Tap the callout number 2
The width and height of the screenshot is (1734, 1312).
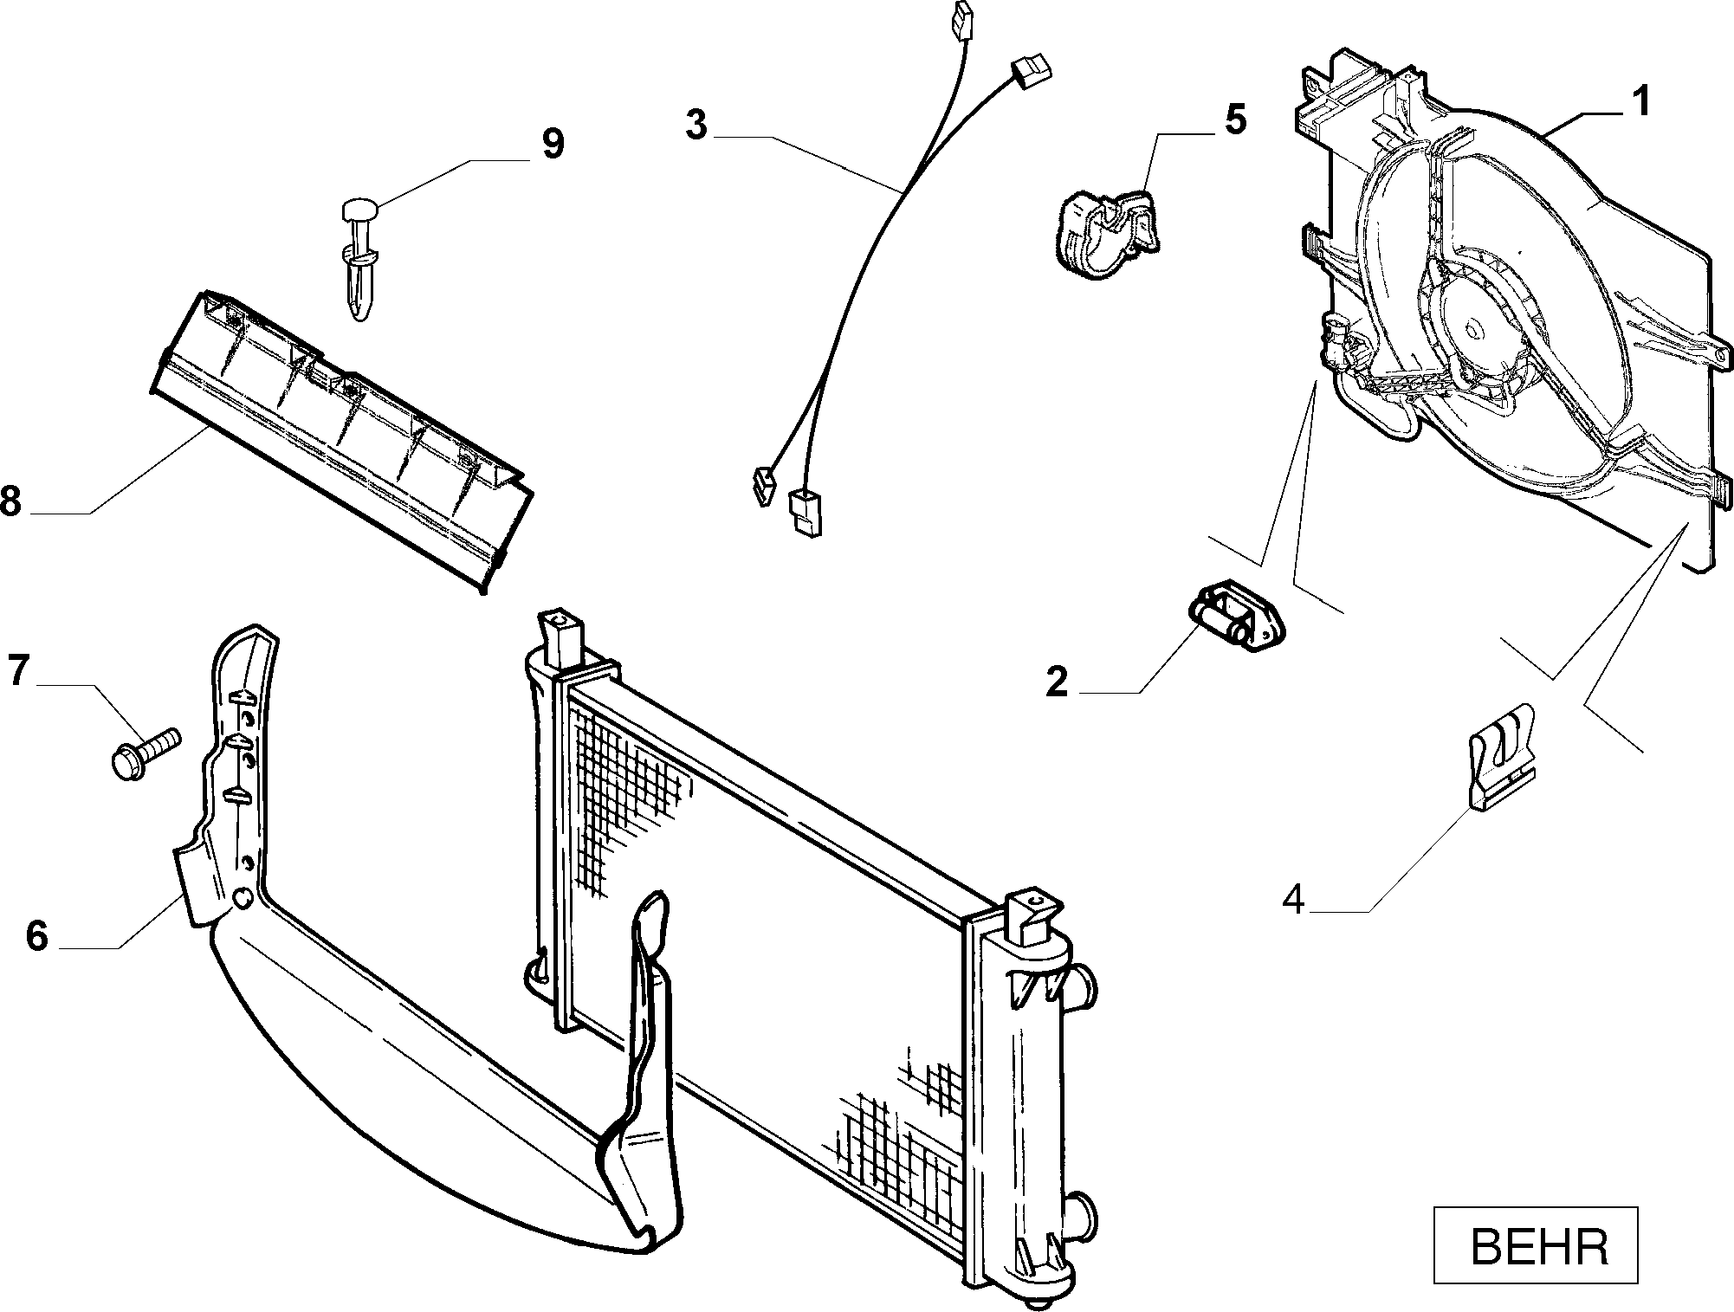(1058, 682)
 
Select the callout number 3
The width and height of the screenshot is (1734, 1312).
(696, 125)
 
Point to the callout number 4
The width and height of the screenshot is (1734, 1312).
(1293, 900)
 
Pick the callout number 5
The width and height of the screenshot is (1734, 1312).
(1235, 120)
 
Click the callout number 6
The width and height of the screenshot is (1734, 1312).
(36, 936)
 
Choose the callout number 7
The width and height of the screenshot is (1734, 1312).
(20, 671)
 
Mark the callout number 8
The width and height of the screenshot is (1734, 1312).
(11, 501)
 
